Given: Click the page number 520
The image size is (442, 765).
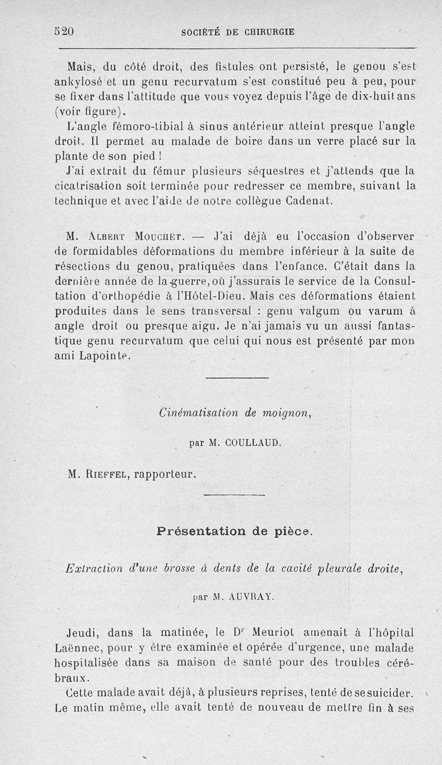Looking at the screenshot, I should point(65,31).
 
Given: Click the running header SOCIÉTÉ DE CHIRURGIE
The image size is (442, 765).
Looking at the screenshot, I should point(238,32).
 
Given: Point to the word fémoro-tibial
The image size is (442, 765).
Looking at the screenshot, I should point(153,126).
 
